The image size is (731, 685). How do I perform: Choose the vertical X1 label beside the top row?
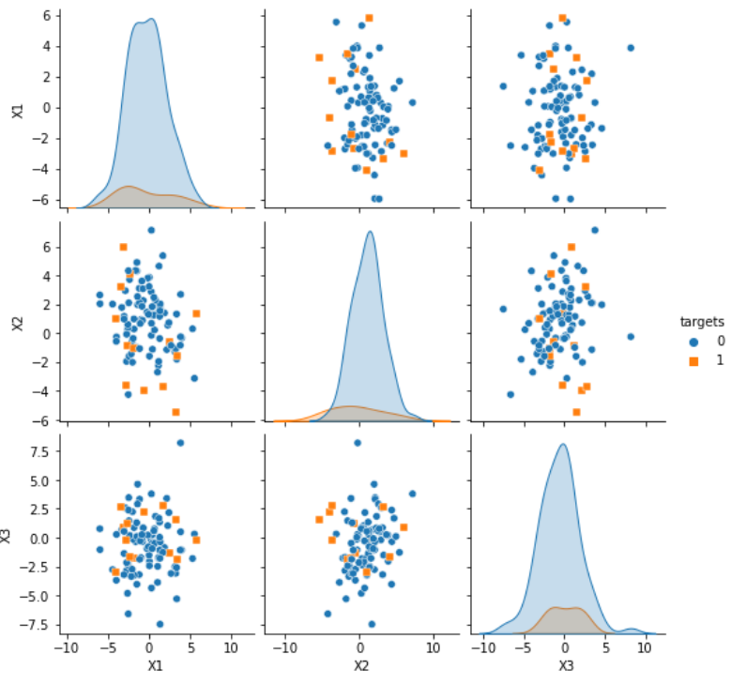[x=16, y=111]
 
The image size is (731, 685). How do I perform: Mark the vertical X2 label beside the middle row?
[x=16, y=324]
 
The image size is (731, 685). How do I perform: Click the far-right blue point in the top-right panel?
[x=631, y=48]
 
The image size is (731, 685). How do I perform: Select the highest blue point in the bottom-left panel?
[x=181, y=443]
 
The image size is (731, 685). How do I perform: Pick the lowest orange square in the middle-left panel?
[x=175, y=412]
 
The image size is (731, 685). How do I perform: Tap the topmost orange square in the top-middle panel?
[x=369, y=18]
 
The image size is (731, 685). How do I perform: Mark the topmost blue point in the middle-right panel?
[x=595, y=230]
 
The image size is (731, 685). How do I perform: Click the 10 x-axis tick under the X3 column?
[x=647, y=647]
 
